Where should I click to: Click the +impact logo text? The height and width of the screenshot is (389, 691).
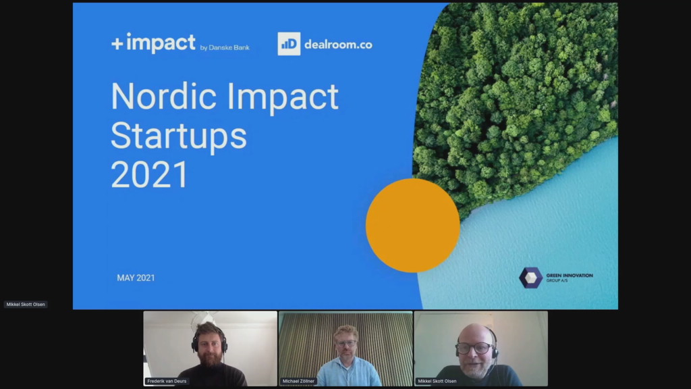(153, 43)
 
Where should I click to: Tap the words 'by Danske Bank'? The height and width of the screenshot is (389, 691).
(225, 48)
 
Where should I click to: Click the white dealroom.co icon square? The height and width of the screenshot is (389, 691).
(289, 44)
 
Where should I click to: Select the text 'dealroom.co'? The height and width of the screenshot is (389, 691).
(339, 45)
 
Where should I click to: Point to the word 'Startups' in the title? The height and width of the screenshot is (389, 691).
(178, 136)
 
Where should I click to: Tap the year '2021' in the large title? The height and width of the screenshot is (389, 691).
(149, 175)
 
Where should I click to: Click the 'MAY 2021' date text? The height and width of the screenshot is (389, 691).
(136, 278)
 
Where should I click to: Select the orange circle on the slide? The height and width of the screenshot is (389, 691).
(413, 226)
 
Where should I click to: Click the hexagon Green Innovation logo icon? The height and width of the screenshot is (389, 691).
(530, 278)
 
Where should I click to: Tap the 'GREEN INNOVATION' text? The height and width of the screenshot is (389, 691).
(570, 276)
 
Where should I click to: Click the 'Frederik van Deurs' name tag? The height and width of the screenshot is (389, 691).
(167, 381)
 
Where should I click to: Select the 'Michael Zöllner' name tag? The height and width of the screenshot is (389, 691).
(298, 381)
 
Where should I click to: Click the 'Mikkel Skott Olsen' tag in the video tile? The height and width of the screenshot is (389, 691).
(437, 381)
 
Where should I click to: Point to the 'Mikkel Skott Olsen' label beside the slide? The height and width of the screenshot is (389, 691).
(26, 305)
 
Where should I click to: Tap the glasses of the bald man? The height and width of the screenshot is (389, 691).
(474, 348)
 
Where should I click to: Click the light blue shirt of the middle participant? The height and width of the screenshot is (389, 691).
(348, 373)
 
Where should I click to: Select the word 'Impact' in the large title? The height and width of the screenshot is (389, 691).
(283, 98)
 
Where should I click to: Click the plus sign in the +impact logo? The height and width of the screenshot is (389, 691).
(117, 44)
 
